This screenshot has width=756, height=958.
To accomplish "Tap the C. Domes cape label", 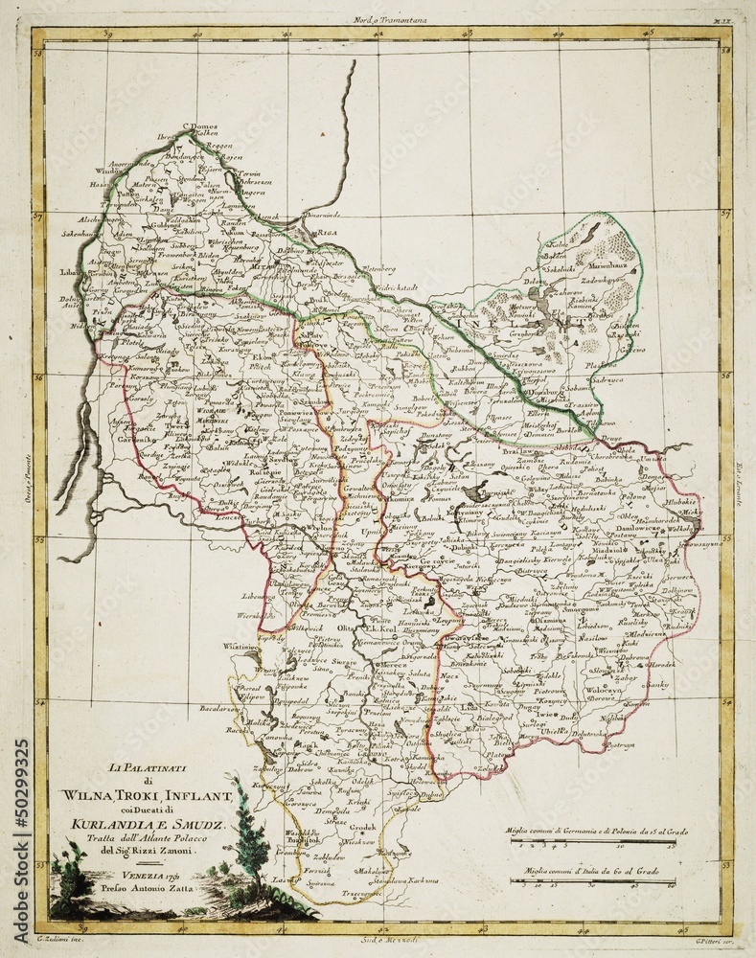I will (x=201, y=125).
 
